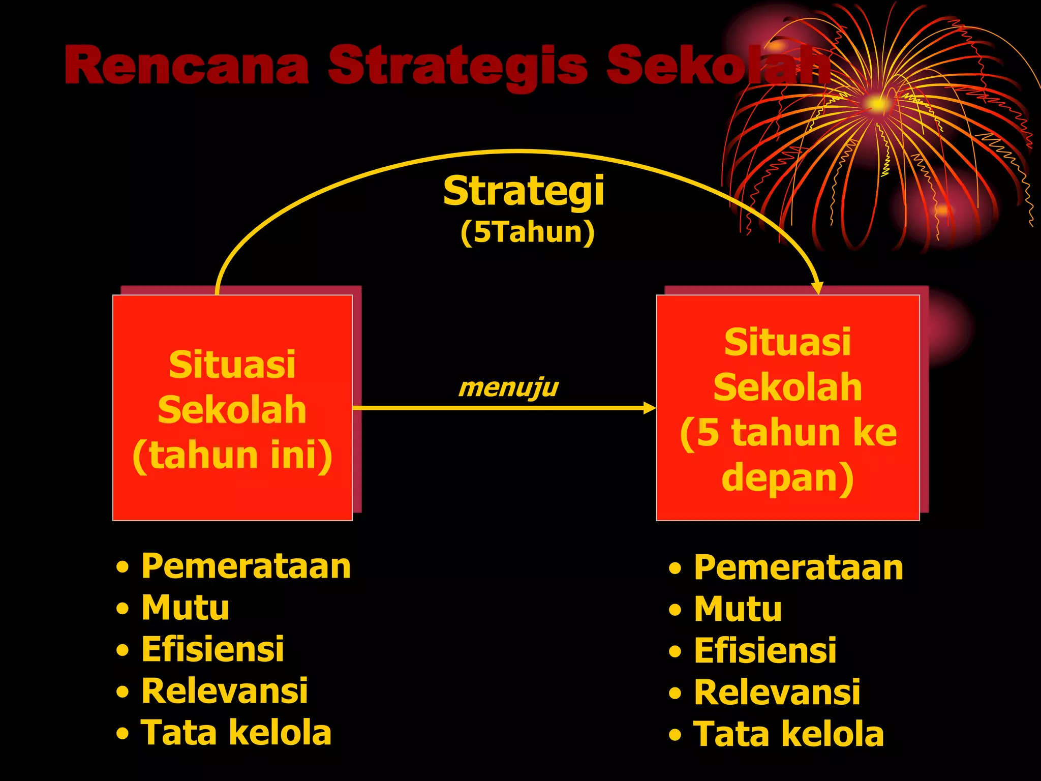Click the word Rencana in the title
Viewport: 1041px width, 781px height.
[x=187, y=66]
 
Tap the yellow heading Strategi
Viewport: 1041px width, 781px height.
[x=524, y=191]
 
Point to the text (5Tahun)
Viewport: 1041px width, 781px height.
[x=527, y=232]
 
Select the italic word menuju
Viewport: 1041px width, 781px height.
[x=508, y=388]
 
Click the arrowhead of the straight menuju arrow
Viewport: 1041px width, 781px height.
[x=650, y=408]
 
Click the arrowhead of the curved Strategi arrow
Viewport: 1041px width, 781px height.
[x=817, y=288]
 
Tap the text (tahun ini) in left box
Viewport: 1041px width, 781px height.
[x=232, y=455]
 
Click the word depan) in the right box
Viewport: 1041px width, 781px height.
[x=787, y=477]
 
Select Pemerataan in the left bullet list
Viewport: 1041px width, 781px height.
[x=246, y=566]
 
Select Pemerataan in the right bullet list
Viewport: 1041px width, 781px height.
[x=799, y=567]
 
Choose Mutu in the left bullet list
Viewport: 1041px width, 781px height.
[x=186, y=608]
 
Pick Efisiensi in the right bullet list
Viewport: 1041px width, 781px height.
[x=765, y=651]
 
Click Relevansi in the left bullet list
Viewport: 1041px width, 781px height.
[x=224, y=691]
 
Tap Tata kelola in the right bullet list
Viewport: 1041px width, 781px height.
[x=789, y=734]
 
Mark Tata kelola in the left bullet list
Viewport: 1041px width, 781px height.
[x=236, y=733]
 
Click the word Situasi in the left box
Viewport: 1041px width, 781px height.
[x=232, y=365]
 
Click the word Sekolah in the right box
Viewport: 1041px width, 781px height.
[x=787, y=387]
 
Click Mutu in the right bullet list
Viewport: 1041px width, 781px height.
[x=738, y=609]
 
